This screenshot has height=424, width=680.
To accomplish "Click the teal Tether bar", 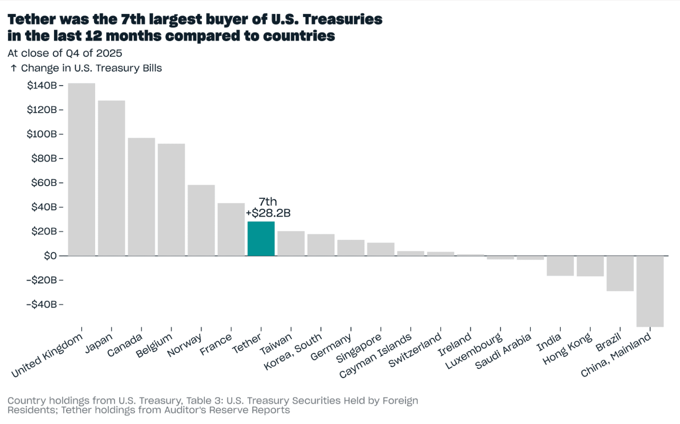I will [x=261, y=239].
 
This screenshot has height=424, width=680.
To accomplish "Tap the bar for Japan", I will [x=111, y=178].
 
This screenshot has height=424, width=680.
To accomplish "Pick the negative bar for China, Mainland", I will [x=650, y=291].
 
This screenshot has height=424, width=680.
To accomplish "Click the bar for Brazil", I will [x=620, y=273].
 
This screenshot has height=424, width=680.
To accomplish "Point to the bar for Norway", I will [x=201, y=220].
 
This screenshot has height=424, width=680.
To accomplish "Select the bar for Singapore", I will [x=381, y=249].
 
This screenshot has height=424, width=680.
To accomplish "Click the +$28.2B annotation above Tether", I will [x=268, y=213].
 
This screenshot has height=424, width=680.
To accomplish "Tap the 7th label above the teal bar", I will [x=268, y=202].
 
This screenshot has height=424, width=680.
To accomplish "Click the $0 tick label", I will [x=50, y=256].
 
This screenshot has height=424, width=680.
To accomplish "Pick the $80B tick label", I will [x=44, y=159].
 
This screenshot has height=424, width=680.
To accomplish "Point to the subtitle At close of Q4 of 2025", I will [x=65, y=53].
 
